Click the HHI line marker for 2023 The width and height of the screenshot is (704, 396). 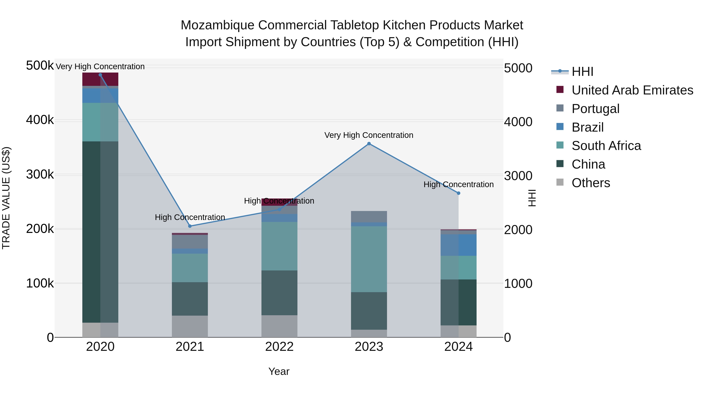pyautogui.click(x=369, y=144)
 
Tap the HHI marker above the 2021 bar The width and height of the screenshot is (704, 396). pyautogui.click(x=190, y=226)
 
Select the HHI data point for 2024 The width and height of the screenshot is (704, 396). pyautogui.click(x=458, y=193)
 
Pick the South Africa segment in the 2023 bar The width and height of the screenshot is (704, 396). pyautogui.click(x=369, y=259)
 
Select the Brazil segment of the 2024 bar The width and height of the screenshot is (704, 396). pyautogui.click(x=458, y=245)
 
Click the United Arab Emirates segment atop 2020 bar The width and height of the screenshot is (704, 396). pyautogui.click(x=100, y=79)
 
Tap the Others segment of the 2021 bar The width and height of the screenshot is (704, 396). pyautogui.click(x=190, y=326)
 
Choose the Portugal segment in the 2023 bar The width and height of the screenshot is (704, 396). pyautogui.click(x=369, y=216)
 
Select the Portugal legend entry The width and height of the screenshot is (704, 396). pyautogui.click(x=595, y=109)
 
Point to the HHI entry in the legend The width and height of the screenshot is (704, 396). pyautogui.click(x=582, y=72)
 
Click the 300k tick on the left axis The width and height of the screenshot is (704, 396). pyautogui.click(x=40, y=175)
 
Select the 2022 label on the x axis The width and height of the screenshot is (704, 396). pyautogui.click(x=279, y=347)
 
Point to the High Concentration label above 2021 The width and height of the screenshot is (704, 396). pyautogui.click(x=190, y=217)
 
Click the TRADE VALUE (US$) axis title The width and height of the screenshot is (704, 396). pyautogui.click(x=6, y=198)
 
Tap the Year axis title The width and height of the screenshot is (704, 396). pyautogui.click(x=279, y=371)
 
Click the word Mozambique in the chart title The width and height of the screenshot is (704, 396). pyautogui.click(x=217, y=25)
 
